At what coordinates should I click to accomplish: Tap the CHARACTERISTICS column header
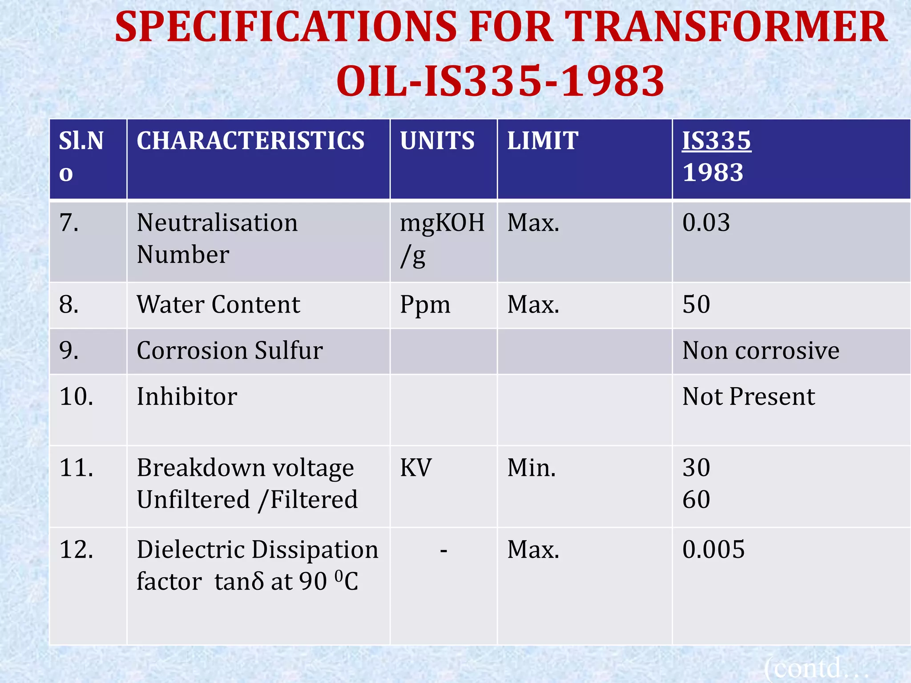coord(250,141)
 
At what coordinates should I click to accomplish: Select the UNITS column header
coord(437,141)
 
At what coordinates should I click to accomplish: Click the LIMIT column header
coord(543,141)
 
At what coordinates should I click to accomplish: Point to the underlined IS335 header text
coord(717,141)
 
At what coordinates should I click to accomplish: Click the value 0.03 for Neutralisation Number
coord(706,223)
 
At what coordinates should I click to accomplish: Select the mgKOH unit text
coord(442,223)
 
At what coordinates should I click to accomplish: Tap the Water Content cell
coord(218,305)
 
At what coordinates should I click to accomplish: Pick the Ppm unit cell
coord(425,305)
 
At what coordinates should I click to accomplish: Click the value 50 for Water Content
coord(696,305)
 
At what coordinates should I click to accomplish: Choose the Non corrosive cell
coord(761,351)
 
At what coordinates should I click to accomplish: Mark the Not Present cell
coord(749,397)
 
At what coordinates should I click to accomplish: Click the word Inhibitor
coord(187,397)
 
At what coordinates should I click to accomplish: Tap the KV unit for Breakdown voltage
coord(415,468)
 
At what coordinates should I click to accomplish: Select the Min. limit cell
coord(532,468)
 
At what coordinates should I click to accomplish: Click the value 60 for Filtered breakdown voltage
coord(696,500)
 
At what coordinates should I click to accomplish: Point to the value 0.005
coord(713,550)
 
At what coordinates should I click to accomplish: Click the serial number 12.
coord(77,550)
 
